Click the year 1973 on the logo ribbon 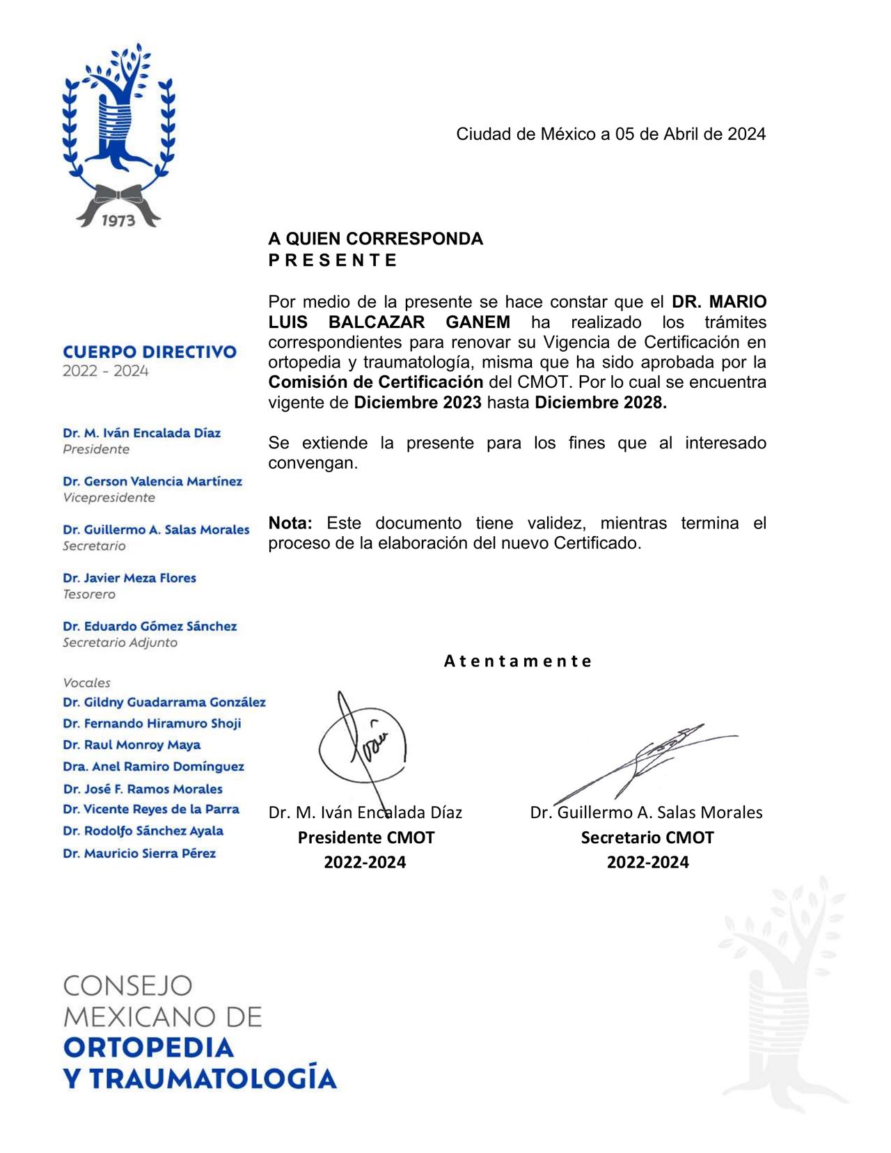point(118,220)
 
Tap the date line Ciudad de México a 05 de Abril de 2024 point(610,134)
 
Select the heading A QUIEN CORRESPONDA point(375,239)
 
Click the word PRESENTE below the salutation point(333,260)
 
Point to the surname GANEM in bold point(478,322)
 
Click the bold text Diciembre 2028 point(600,402)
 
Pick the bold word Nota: point(290,523)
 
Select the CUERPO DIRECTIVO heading point(150,352)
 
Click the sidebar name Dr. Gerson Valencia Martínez point(152,481)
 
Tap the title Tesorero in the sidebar point(89,595)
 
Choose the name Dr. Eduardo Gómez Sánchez point(150,626)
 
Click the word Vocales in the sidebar point(86,683)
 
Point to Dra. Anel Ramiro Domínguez point(153,767)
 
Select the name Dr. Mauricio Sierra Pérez point(139,853)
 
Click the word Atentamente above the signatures point(518,661)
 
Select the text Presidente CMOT point(366,838)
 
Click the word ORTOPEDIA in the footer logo point(148,1047)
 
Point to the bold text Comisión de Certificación point(376,382)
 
